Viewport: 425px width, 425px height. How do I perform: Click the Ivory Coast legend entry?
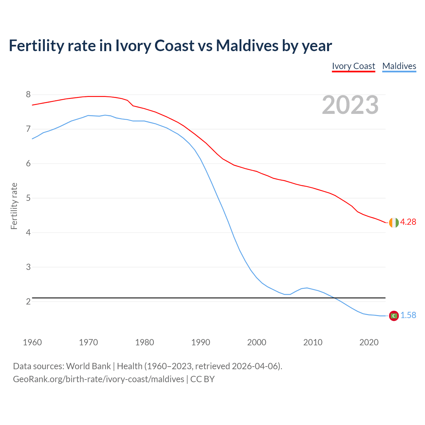tap(353, 66)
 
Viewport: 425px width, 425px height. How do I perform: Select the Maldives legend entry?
tap(399, 66)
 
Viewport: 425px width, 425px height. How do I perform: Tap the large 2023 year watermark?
tap(350, 105)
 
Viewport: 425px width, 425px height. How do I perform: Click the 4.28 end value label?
tap(408, 222)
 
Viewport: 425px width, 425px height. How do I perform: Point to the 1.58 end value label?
tap(408, 315)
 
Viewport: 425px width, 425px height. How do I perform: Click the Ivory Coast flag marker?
tap(393, 222)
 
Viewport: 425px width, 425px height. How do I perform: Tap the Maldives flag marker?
tap(393, 316)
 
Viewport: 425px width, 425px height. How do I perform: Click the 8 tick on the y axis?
tap(28, 95)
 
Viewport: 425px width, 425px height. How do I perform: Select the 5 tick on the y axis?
tap(28, 198)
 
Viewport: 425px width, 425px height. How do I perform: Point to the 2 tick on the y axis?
tap(28, 301)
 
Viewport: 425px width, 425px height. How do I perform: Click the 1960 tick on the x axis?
tap(32, 342)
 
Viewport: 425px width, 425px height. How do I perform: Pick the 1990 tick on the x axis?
tap(201, 342)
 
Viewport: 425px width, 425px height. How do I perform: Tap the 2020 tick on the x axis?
tap(369, 342)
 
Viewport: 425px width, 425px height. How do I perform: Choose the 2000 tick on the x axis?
tap(257, 342)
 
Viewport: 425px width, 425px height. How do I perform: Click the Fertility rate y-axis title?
tap(14, 206)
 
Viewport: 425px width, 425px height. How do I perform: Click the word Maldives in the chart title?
tap(247, 45)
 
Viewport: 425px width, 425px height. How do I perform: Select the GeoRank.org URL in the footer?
tap(98, 379)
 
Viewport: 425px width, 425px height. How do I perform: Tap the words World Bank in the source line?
tap(88, 366)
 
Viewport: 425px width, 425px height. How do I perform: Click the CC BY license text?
tap(203, 379)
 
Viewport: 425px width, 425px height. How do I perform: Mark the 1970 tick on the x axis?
tap(88, 342)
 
